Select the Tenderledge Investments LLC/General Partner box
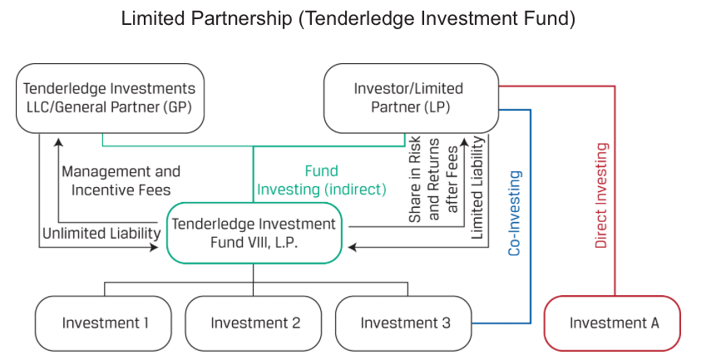[x=110, y=98]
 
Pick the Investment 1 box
[x=105, y=323]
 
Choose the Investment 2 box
[x=254, y=323]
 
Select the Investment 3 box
[x=405, y=323]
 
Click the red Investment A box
[x=614, y=323]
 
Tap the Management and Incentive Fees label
[x=121, y=180]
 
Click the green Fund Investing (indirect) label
[x=321, y=180]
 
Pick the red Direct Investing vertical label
[x=602, y=196]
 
